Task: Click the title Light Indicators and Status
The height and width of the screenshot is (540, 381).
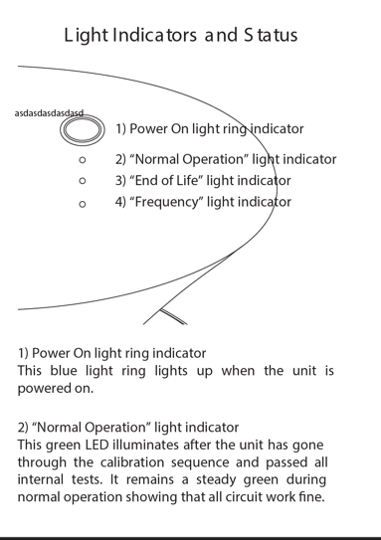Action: (x=181, y=36)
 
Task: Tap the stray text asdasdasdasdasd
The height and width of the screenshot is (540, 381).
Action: (x=50, y=113)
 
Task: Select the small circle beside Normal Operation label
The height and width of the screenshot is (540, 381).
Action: (x=83, y=159)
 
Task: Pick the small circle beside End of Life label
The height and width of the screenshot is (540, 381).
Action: (x=83, y=181)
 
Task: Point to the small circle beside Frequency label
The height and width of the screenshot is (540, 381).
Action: (x=83, y=203)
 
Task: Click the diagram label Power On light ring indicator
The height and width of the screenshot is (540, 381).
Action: (x=210, y=129)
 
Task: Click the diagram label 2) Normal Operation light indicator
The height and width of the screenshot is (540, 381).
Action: (x=226, y=159)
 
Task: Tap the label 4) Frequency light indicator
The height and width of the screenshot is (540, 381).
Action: (x=203, y=202)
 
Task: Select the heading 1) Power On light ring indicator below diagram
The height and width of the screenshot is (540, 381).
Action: (x=112, y=353)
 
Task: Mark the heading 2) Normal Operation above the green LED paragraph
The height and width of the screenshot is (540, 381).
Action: (x=128, y=427)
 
